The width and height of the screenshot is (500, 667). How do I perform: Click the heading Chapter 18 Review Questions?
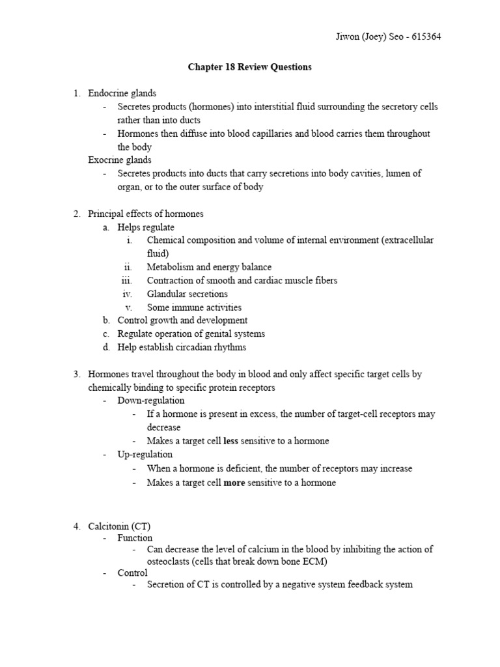tap(249, 67)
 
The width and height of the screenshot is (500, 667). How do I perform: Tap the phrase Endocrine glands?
tap(122, 93)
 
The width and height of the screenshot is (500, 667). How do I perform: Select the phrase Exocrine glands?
tap(120, 160)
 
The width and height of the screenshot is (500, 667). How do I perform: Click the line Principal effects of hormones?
tap(146, 214)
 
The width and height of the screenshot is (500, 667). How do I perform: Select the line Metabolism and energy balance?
tap(209, 267)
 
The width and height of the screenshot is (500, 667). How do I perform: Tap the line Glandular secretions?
tap(187, 294)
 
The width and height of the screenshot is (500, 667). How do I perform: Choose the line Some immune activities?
tap(194, 307)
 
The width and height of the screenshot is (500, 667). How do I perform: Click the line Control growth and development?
tap(182, 320)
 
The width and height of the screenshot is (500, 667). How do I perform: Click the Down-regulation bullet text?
tap(150, 401)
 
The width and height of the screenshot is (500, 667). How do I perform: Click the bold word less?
tap(230, 441)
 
